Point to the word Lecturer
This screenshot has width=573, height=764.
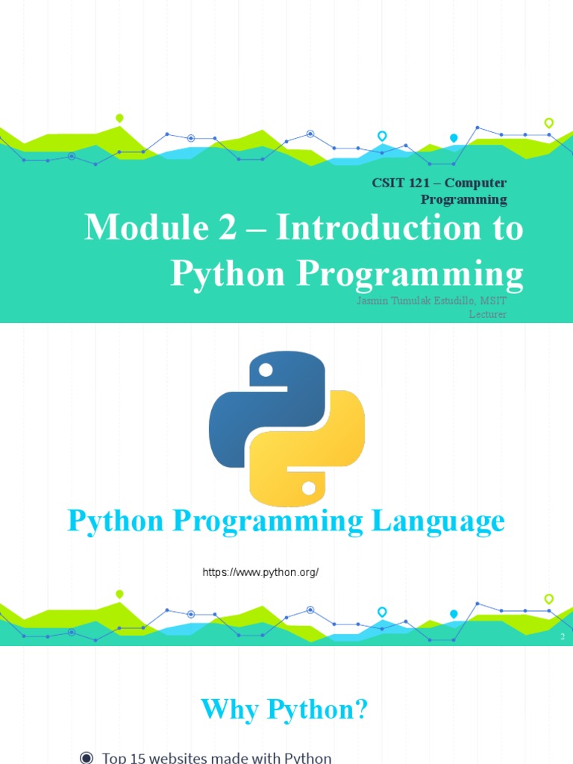click(487, 314)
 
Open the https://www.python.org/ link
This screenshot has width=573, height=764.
click(261, 572)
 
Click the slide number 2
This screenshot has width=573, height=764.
click(563, 637)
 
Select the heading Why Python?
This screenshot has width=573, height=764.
click(285, 710)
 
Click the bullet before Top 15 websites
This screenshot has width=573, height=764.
click(87, 758)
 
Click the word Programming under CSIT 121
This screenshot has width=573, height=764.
click(463, 199)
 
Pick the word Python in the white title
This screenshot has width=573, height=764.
click(228, 274)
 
